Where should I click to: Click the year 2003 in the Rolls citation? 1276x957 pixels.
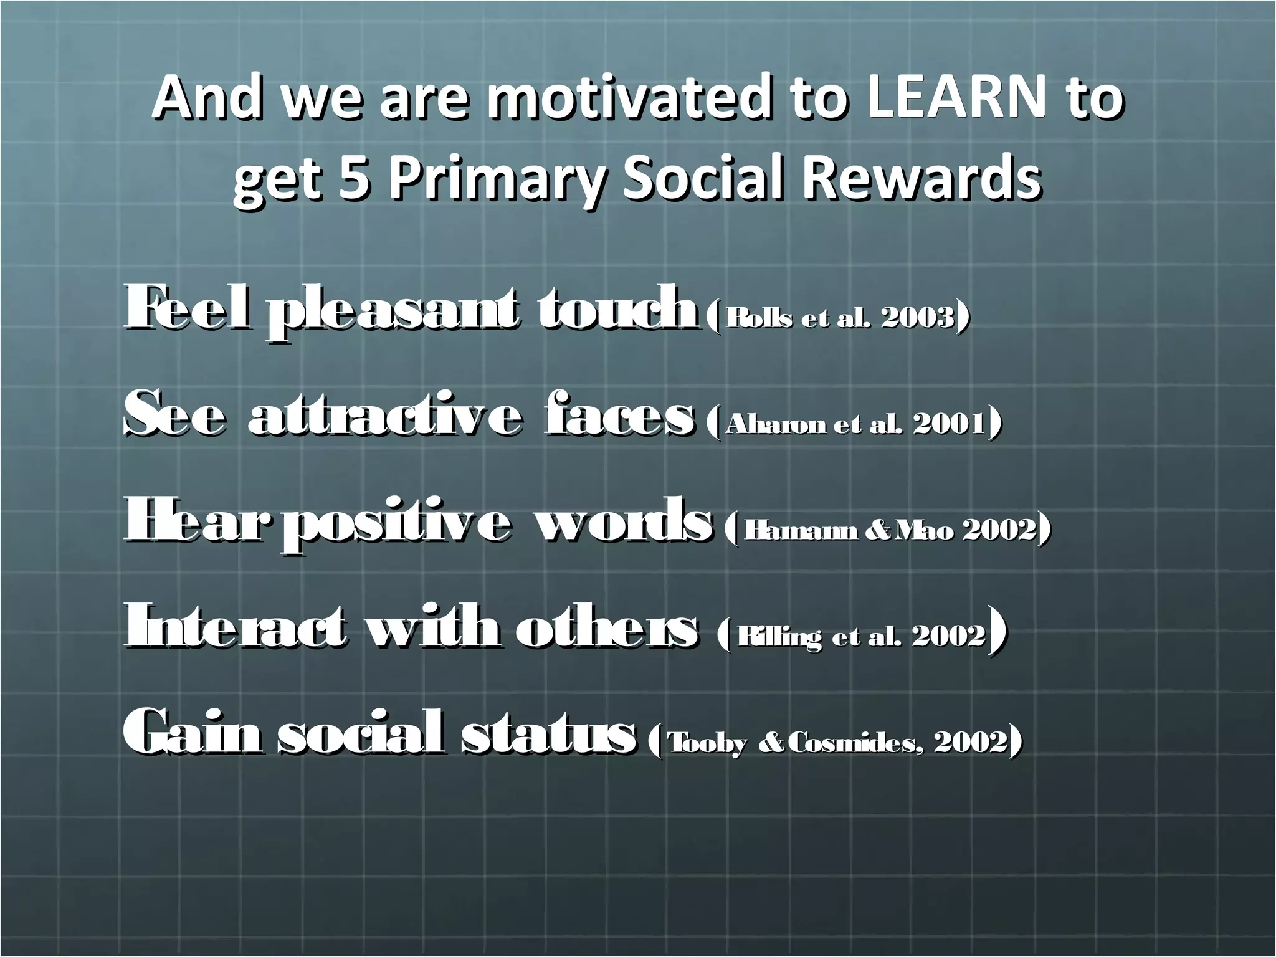(x=917, y=318)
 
